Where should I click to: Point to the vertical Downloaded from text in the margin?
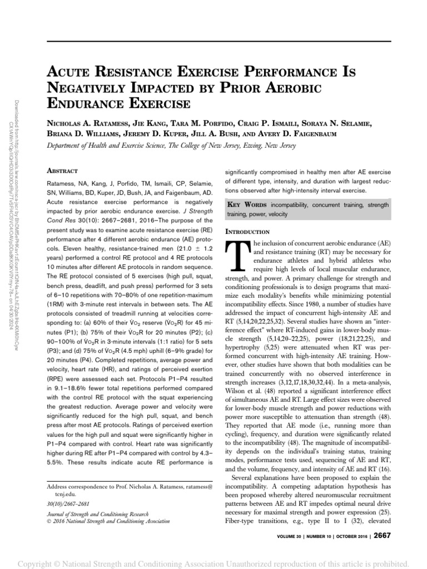coord(19,167)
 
